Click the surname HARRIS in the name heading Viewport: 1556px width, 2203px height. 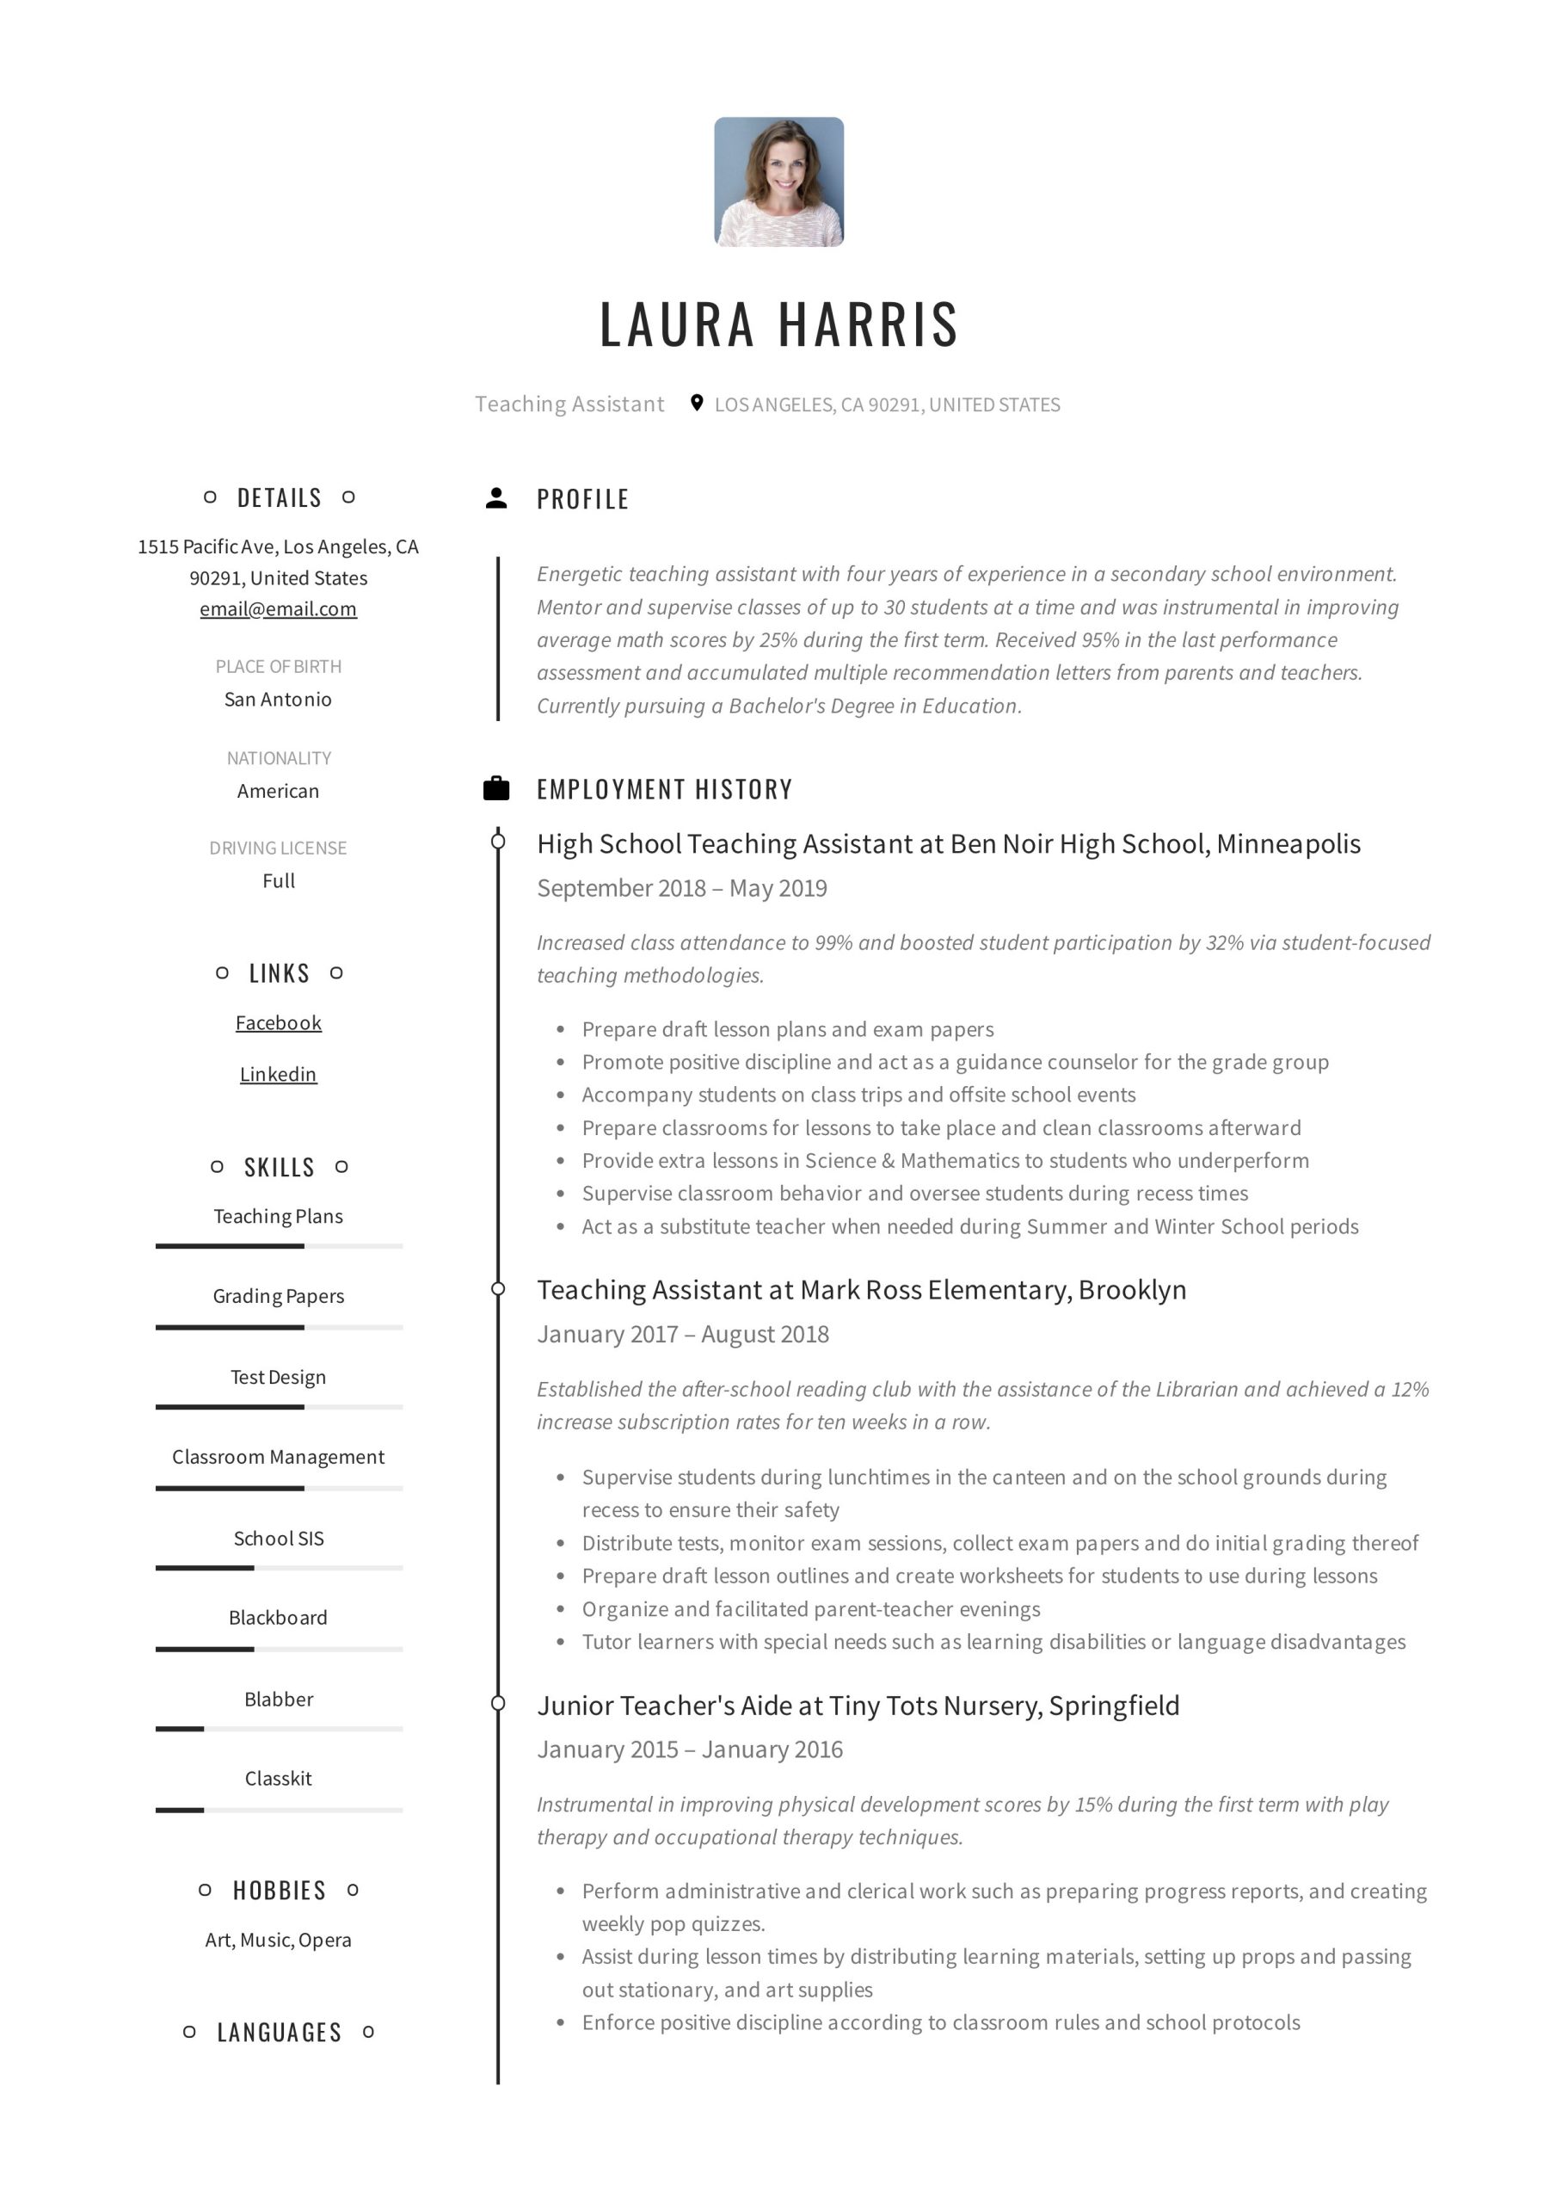tap(867, 324)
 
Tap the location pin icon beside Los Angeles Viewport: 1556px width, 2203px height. tap(697, 403)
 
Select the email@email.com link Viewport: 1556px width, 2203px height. tap(278, 609)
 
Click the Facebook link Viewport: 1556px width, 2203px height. tap(278, 1023)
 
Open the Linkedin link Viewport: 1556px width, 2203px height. tap(278, 1075)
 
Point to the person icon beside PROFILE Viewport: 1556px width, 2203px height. tap(496, 498)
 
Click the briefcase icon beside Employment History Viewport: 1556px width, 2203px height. tap(496, 789)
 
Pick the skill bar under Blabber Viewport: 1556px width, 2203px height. tap(278, 1729)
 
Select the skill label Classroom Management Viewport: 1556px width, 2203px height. tap(278, 1457)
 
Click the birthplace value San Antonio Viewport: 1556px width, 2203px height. tap(278, 700)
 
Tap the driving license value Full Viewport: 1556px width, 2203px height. tap(278, 881)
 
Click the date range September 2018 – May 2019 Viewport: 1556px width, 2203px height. tap(682, 888)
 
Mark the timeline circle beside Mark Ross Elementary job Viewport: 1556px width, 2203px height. tap(498, 1288)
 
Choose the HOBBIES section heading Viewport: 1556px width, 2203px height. tap(280, 1891)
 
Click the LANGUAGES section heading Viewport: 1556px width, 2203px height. tap(280, 2033)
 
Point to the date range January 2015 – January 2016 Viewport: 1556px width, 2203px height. tap(690, 1749)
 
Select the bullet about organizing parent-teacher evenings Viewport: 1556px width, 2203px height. tap(810, 1609)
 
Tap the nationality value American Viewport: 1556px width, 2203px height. tap(278, 791)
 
